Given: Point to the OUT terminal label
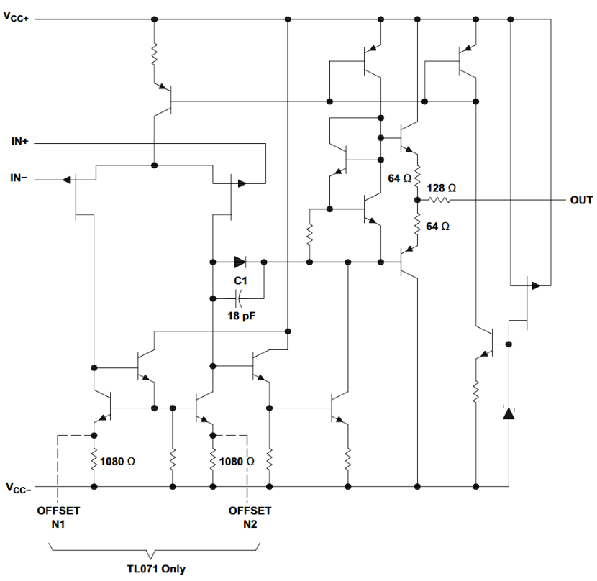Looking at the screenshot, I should (x=581, y=200).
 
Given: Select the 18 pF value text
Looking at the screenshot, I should (x=239, y=315).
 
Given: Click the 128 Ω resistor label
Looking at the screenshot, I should (x=440, y=188).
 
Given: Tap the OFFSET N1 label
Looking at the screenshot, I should (x=60, y=517).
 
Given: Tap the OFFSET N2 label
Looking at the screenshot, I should (x=250, y=517).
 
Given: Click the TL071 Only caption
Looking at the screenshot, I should (x=152, y=569).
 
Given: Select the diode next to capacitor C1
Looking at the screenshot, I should (x=240, y=261).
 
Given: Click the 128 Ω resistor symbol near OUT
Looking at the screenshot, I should (x=439, y=201).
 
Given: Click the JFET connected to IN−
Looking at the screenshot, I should (x=78, y=193).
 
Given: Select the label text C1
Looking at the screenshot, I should (x=239, y=280).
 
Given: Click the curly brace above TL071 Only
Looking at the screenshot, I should (x=152, y=552).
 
